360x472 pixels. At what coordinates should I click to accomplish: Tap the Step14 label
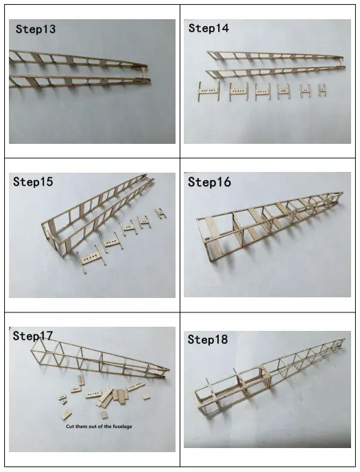208,29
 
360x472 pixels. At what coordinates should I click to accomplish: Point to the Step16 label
209,182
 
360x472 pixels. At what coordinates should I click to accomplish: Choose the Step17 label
33,336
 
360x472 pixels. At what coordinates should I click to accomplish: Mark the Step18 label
208,340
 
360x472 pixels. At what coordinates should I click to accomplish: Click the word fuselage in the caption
120,426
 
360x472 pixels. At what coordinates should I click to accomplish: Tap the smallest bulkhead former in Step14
322,90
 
